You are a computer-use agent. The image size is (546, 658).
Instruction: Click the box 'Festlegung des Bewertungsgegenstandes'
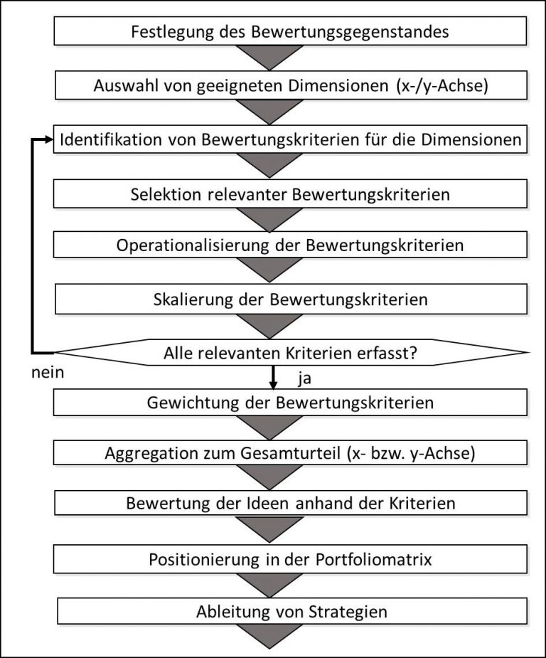[x=290, y=32]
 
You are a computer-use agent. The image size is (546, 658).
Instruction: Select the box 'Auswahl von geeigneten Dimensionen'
[x=290, y=85]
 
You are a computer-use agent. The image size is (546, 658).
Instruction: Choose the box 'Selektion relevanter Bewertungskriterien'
[x=290, y=193]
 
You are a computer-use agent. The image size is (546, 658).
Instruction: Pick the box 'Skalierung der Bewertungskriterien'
[x=290, y=299]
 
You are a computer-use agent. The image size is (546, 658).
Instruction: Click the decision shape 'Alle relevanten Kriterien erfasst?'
[x=290, y=352]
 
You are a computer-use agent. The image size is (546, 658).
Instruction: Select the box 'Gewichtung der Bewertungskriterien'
[x=290, y=403]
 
